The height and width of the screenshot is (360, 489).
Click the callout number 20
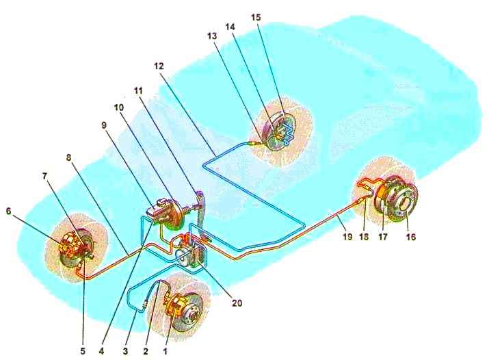[237, 303]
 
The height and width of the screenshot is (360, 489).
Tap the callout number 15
[256, 17]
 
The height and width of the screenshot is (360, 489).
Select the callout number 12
[159, 66]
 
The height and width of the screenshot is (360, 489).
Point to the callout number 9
[104, 125]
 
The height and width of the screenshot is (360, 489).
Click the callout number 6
[8, 211]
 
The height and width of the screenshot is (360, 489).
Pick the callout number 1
[166, 351]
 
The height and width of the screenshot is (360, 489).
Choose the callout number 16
[411, 237]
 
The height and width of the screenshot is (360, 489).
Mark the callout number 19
[347, 237]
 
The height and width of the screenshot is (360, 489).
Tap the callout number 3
[125, 351]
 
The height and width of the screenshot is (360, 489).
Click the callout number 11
[138, 90]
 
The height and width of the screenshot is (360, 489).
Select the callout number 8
[68, 157]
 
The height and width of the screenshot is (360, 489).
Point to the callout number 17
[383, 237]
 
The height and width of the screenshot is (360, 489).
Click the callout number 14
[230, 27]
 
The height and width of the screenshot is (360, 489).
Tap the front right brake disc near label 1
[189, 312]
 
